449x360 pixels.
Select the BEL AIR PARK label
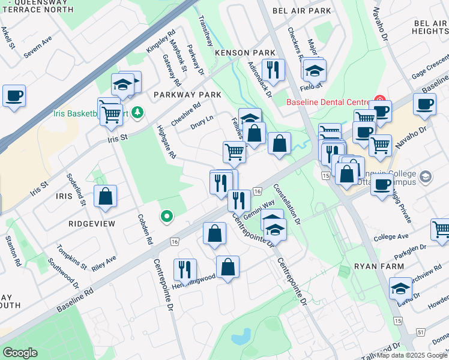point(301,11)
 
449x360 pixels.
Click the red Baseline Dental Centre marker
point(379,100)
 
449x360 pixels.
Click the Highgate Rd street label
point(166,142)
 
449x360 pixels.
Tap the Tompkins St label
point(72,257)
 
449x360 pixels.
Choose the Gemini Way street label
point(259,210)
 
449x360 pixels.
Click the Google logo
point(20,353)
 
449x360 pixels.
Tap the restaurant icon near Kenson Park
point(273,69)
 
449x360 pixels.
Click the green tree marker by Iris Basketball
point(137,112)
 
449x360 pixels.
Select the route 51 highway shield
point(420,332)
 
